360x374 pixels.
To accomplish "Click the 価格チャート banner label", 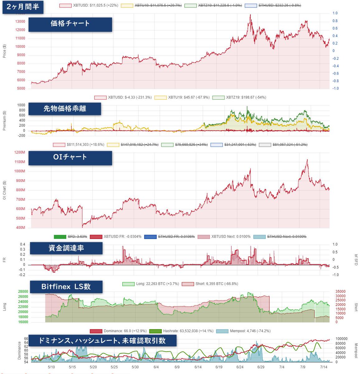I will [70, 24].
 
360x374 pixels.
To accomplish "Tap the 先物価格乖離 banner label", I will [65, 109].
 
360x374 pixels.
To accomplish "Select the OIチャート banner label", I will [70, 157].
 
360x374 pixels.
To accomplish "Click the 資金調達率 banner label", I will [66, 248].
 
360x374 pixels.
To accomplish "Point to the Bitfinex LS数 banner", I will [66, 287].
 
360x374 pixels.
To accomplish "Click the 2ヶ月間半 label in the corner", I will [23, 7].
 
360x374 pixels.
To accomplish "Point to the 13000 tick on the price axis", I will [20, 22].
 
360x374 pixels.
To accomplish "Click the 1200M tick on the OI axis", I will [19, 152].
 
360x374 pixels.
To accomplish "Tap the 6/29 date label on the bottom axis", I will [261, 367].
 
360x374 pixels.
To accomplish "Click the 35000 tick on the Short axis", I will [340, 292].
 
